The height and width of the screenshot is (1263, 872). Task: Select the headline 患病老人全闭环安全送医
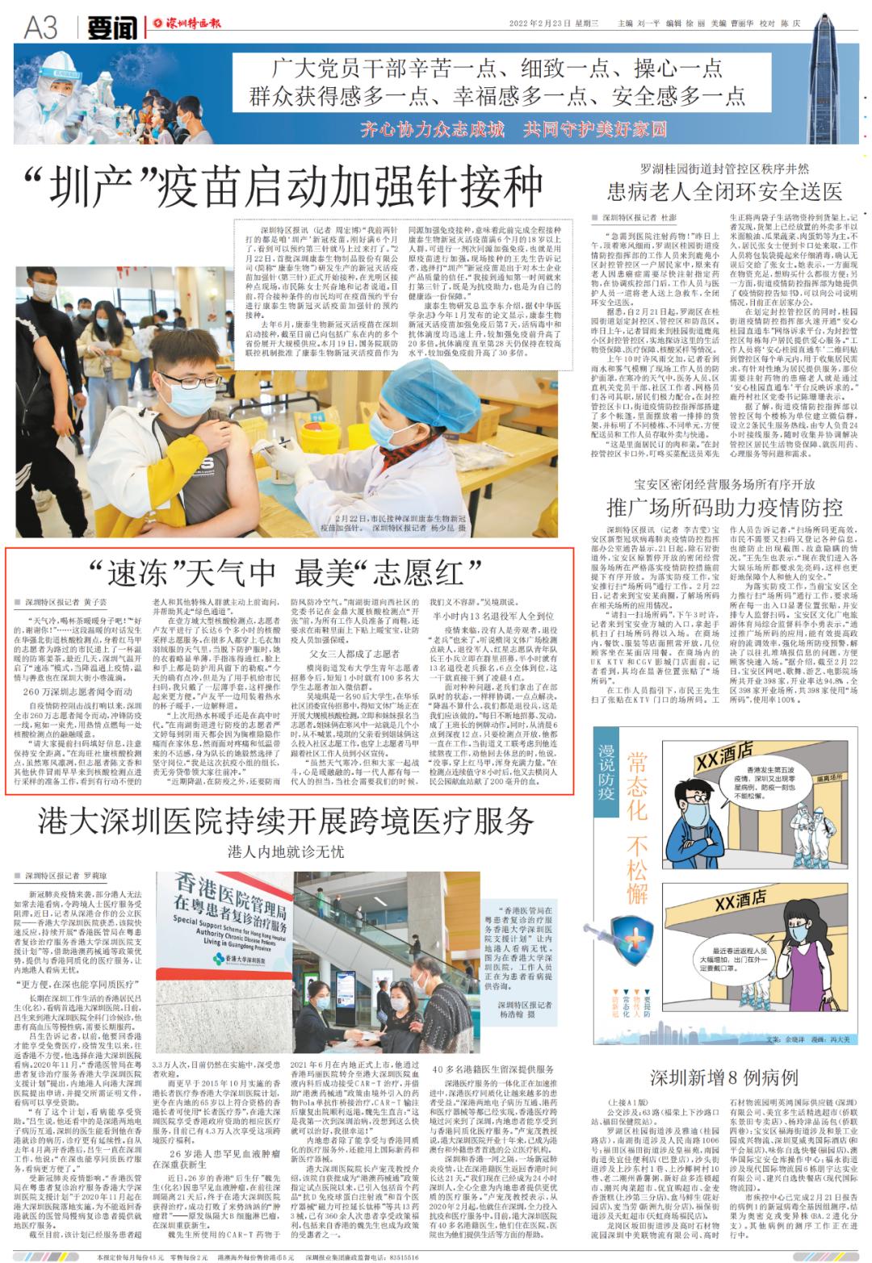(x=724, y=191)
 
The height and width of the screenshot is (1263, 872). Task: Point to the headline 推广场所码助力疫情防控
(x=724, y=507)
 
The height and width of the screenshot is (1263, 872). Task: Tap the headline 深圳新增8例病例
(x=724, y=1077)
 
